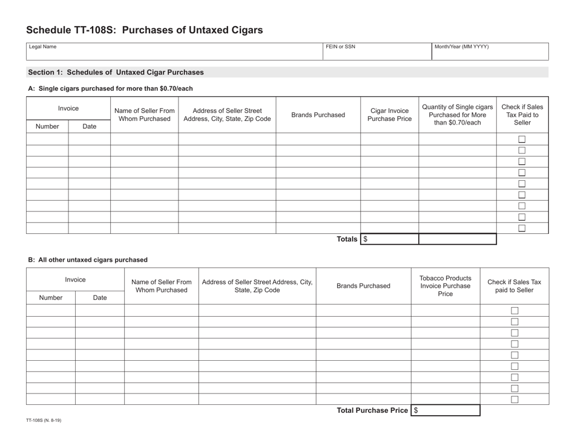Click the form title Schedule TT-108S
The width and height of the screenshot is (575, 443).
click(145, 30)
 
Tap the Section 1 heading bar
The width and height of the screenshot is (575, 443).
click(287, 73)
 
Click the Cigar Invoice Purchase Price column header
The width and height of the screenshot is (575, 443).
click(389, 115)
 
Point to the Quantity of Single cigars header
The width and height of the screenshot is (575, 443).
click(458, 115)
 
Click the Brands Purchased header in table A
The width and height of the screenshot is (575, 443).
click(318, 115)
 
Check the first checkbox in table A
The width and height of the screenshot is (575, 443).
click(522, 140)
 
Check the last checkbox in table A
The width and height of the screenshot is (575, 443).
click(522, 228)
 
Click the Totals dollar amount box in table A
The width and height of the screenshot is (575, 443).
click(390, 239)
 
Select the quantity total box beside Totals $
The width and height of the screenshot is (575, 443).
click(458, 239)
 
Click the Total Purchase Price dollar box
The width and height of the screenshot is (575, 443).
click(445, 410)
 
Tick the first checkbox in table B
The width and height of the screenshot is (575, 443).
click(514, 311)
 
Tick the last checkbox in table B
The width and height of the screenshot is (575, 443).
click(514, 399)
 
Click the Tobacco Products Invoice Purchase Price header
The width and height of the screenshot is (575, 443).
click(445, 286)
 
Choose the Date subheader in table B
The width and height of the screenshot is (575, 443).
click(100, 298)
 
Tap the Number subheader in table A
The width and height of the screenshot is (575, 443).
click(48, 126)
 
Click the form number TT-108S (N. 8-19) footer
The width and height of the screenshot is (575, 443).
click(43, 420)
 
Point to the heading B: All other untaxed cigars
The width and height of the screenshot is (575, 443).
click(88, 260)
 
